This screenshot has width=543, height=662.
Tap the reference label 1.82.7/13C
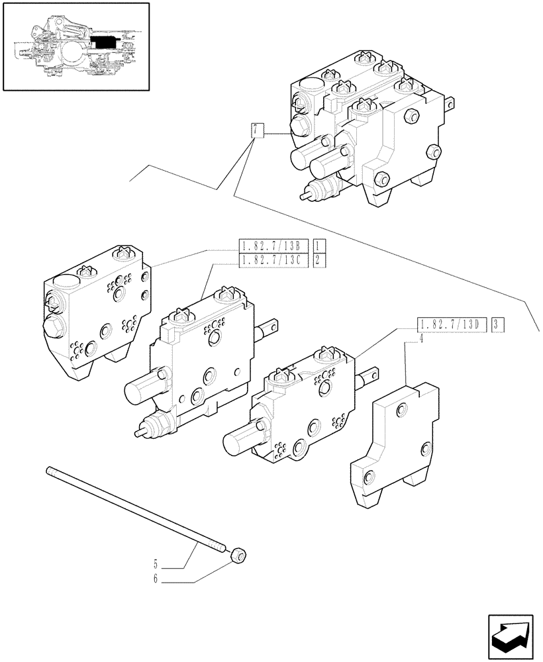click(x=271, y=260)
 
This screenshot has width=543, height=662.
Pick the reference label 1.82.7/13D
click(x=452, y=324)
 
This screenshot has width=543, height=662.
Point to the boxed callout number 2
click(x=317, y=260)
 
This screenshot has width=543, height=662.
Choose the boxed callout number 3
click(x=498, y=324)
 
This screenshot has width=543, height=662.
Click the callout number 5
click(x=156, y=565)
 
